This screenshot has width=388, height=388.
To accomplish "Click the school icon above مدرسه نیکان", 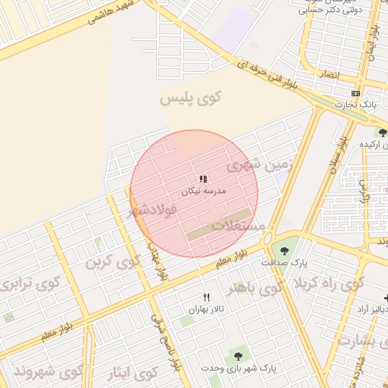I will tap(203, 179).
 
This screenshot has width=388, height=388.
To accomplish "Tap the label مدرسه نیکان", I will tap(202, 192).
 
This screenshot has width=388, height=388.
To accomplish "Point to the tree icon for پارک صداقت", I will tap(284, 250).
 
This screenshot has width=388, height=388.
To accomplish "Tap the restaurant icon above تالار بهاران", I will tap(205, 297).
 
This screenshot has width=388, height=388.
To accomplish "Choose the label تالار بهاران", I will tap(206, 310).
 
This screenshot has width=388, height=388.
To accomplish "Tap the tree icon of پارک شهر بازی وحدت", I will tap(238, 355).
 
